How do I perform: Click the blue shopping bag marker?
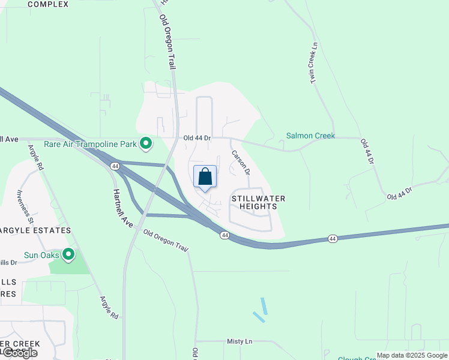tap(205, 177)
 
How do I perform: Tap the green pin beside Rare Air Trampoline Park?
tap(145, 143)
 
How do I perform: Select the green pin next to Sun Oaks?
tap(68, 255)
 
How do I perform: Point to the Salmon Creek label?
tap(310, 136)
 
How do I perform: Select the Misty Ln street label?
tap(240, 341)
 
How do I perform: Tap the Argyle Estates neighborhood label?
tap(35, 230)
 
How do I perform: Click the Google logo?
tap(19, 353)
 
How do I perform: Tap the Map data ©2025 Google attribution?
tap(412, 355)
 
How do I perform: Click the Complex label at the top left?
tap(48, 4)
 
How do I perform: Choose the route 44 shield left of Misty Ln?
tap(224, 236)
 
